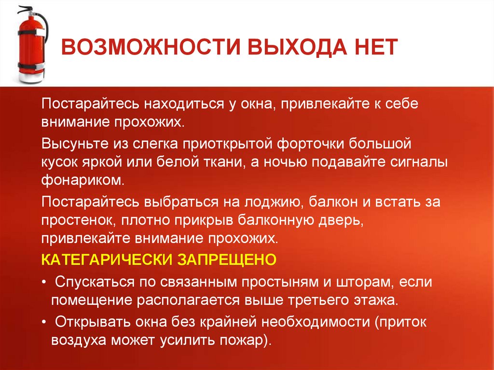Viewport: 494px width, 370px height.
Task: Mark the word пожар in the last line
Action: coord(241,339)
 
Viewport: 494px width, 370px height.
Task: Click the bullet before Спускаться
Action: coord(44,282)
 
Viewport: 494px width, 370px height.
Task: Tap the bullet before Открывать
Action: coord(44,320)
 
